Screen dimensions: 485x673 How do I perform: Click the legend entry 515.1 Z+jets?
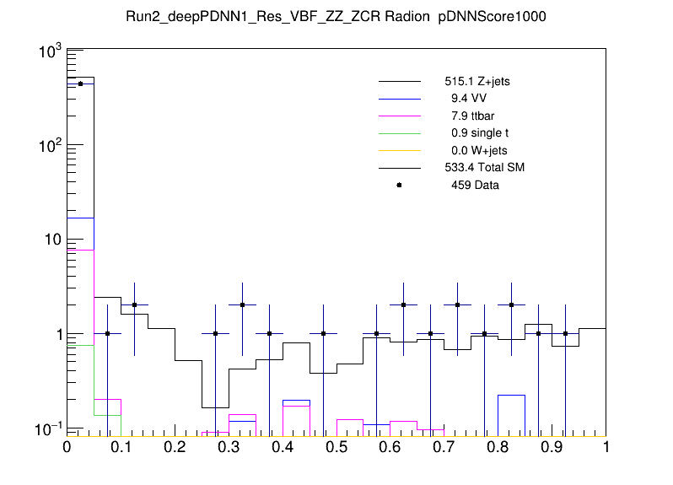[x=477, y=83]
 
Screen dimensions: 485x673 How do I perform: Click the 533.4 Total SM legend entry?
[x=484, y=168]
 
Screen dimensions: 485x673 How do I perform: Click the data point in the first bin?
[x=80, y=84]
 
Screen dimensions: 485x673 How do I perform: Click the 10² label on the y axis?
[x=46, y=146]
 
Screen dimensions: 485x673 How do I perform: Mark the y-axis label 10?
[x=49, y=240]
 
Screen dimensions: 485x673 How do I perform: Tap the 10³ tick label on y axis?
[x=46, y=52]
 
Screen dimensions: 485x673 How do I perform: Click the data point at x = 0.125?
[x=134, y=305]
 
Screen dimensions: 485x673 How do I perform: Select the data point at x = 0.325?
[x=242, y=305]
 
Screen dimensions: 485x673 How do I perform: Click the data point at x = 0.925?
[x=565, y=333]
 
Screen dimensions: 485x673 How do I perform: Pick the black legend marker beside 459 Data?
[x=399, y=185]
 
